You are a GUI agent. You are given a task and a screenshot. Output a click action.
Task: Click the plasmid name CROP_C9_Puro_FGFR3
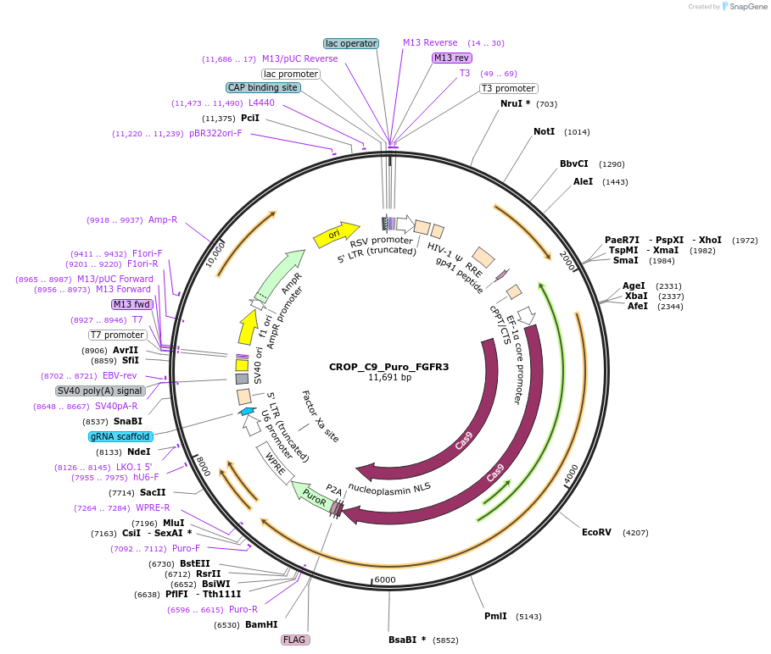(388, 367)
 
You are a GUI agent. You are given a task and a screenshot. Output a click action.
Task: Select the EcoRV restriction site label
(595, 533)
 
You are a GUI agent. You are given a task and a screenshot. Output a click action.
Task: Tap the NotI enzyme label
(544, 131)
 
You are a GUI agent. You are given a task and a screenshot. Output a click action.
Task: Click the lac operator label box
(351, 43)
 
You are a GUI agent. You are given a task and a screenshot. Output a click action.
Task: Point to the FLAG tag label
(294, 640)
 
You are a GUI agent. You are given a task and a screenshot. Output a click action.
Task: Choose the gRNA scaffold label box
(120, 436)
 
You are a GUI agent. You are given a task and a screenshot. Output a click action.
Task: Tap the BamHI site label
(261, 624)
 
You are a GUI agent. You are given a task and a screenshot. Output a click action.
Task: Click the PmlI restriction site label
(495, 616)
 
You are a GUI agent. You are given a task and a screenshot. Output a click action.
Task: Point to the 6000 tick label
(385, 579)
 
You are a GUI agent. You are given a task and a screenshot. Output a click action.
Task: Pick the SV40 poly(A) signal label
(100, 391)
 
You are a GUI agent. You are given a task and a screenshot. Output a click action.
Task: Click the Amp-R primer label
(163, 219)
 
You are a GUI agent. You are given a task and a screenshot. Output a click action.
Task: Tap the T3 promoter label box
(508, 88)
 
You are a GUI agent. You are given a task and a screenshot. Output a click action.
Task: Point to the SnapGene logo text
(746, 7)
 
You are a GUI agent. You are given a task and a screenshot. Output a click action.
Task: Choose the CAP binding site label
(263, 87)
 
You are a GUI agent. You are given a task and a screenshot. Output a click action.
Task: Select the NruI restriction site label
(516, 103)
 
